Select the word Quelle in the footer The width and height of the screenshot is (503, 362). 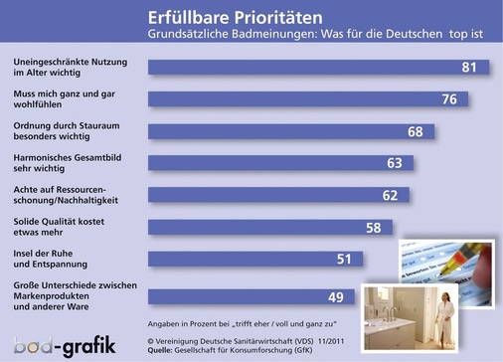coord(163,350)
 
